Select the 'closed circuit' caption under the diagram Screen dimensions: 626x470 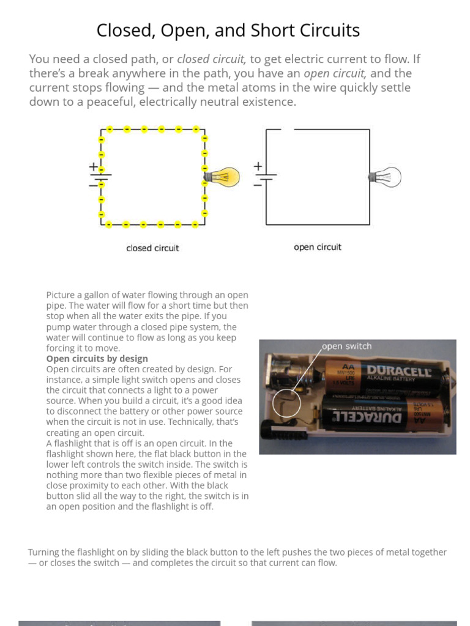[x=152, y=248]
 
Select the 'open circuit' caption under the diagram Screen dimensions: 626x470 [x=317, y=247]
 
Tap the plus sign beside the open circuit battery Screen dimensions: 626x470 [x=258, y=166]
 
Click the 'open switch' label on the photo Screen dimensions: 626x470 [x=346, y=346]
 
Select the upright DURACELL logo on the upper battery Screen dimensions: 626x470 [x=398, y=370]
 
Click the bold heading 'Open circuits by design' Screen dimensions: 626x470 [x=97, y=358]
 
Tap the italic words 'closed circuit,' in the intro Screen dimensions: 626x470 [x=211, y=59]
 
